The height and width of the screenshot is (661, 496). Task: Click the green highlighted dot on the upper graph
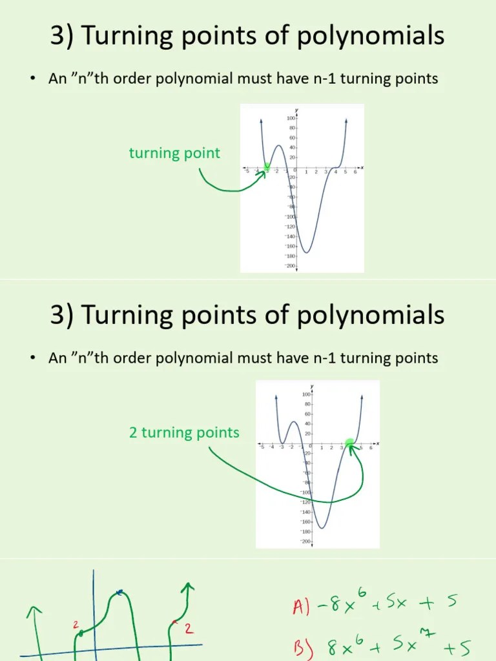[x=267, y=168]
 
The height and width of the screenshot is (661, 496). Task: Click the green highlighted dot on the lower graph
[x=350, y=443]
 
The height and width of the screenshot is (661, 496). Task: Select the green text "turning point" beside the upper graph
[x=174, y=153]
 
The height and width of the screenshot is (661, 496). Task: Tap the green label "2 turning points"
[x=184, y=432]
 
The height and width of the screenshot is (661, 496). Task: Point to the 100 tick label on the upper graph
[x=291, y=119]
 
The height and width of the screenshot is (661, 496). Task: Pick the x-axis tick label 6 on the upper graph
[x=355, y=172]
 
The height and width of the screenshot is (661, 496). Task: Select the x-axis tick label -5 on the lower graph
[x=262, y=447]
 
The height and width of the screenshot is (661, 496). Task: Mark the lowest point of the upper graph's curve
[x=307, y=252]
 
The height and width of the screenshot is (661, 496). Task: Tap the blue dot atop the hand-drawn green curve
[x=120, y=593]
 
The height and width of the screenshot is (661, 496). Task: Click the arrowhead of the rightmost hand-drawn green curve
[x=188, y=586]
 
